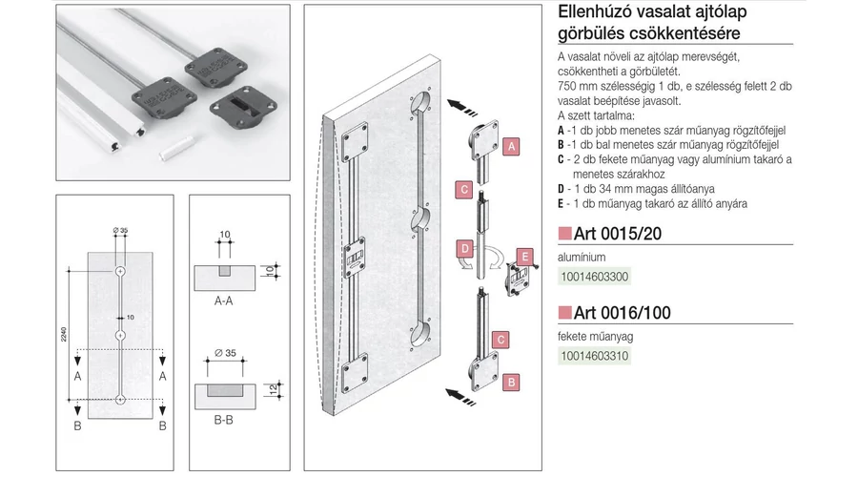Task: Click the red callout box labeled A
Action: pos(512,147)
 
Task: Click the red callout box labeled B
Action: pos(512,382)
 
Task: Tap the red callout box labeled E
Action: pos(522,256)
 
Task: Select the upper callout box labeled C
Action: pos(460,188)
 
